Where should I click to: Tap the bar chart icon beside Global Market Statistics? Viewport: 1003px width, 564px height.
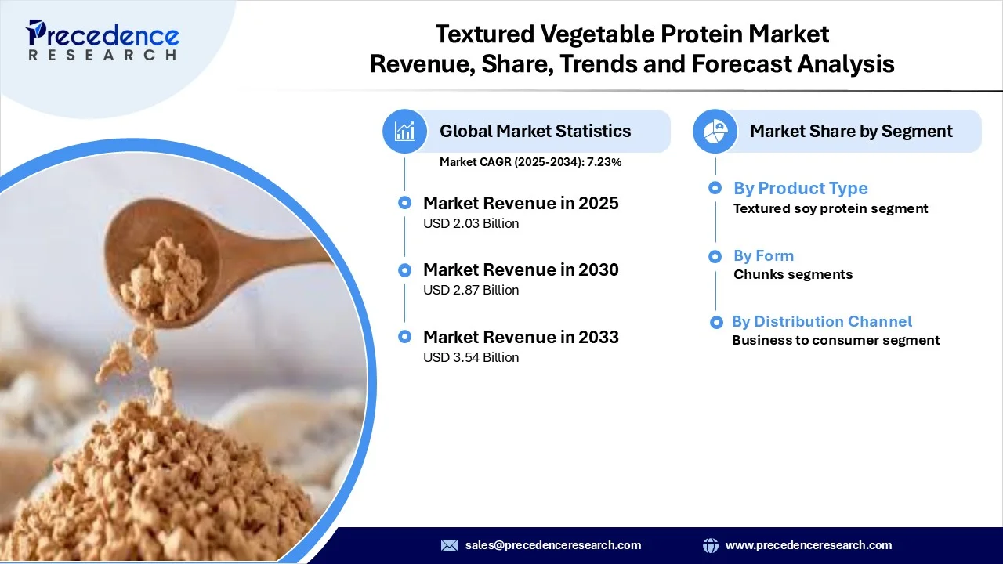click(x=405, y=131)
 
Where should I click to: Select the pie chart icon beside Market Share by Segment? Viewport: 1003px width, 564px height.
click(x=715, y=131)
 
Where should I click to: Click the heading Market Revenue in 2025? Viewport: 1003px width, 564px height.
click(x=520, y=203)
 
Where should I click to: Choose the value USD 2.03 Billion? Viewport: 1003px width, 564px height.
click(x=471, y=223)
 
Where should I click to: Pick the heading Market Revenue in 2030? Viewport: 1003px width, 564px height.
click(x=520, y=269)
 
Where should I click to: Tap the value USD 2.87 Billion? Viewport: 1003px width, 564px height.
click(x=471, y=290)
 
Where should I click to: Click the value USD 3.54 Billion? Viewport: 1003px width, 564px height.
click(x=471, y=357)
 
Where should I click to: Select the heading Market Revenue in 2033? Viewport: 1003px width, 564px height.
click(x=520, y=337)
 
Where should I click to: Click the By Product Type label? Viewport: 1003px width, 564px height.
click(x=800, y=188)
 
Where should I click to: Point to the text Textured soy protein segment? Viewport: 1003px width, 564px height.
click(x=830, y=208)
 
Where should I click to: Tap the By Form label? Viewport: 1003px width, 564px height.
click(x=763, y=255)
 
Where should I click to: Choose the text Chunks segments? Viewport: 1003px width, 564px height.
click(x=792, y=274)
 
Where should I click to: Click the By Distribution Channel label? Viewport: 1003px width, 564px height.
click(x=821, y=321)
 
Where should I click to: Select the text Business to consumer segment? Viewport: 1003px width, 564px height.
click(x=835, y=340)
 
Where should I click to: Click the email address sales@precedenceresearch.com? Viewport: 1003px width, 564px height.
click(x=552, y=545)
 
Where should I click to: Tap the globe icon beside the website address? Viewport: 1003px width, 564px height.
click(x=711, y=545)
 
